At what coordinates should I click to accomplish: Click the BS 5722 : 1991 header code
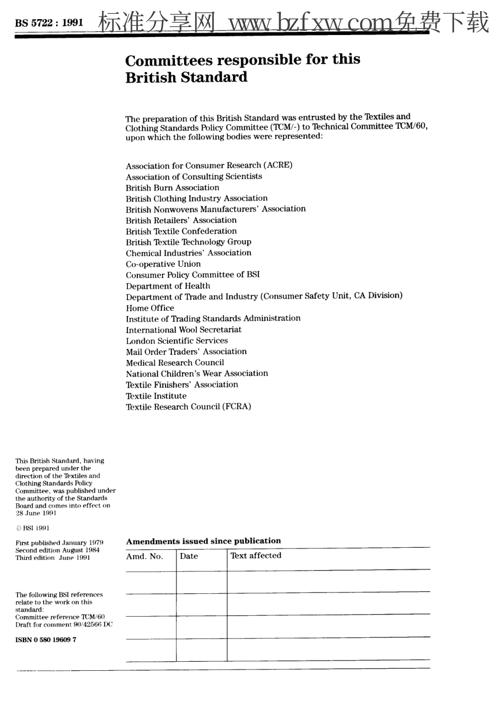[49, 23]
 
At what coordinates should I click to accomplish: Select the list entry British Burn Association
[172, 188]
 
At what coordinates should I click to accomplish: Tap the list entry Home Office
[150, 308]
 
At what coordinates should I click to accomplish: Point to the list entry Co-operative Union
[163, 264]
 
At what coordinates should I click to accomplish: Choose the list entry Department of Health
[168, 286]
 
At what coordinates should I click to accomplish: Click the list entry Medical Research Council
[175, 363]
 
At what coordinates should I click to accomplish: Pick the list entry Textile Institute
[156, 396]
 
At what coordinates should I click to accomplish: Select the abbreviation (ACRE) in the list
[278, 165]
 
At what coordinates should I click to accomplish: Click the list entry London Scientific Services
[177, 341]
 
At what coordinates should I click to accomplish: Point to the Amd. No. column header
[144, 556]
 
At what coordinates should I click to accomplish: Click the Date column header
[189, 556]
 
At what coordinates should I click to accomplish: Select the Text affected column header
[256, 556]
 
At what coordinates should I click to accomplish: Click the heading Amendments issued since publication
[203, 541]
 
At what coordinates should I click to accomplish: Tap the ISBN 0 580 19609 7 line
[46, 640]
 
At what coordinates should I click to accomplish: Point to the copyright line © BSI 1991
[32, 528]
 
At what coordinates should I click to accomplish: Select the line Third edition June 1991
[53, 558]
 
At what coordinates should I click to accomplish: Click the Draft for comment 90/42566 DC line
[64, 625]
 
